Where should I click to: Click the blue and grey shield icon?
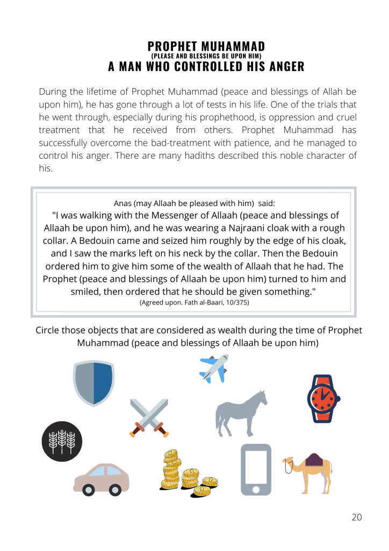coord(93,383)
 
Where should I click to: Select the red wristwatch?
coord(323,399)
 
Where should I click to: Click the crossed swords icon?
coord(149,418)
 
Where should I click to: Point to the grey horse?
coord(240,414)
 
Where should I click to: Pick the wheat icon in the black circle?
coord(62,441)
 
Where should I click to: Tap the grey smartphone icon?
coord(256,469)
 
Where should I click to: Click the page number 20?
coord(357,517)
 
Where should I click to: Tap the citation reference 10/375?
coord(234,303)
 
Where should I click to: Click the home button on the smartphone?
coord(256,490)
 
